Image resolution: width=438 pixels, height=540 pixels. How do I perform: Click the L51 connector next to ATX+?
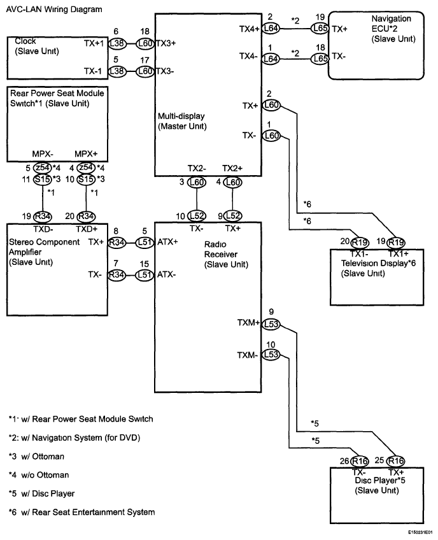coord(145,242)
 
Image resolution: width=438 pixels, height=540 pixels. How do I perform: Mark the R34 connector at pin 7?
coord(116,274)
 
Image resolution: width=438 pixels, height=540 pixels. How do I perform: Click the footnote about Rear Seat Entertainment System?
coord(81,512)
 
